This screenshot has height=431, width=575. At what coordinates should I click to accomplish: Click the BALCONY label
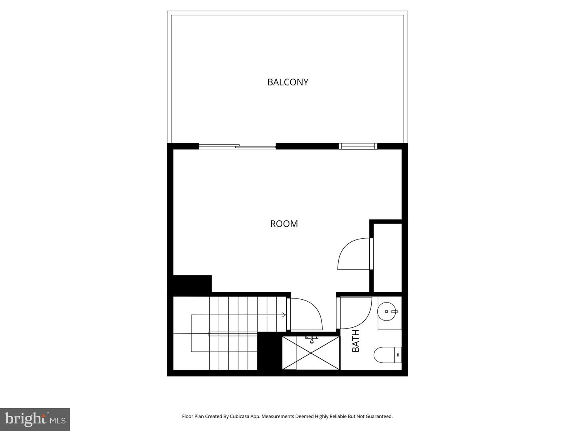[287, 82]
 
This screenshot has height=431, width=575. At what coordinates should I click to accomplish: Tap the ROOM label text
[284, 224]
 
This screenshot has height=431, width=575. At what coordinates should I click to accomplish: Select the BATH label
[355, 340]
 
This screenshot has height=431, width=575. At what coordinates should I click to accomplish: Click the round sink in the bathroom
[387, 311]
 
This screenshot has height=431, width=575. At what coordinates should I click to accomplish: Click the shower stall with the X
[310, 353]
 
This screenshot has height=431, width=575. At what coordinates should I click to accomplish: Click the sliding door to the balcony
[237, 146]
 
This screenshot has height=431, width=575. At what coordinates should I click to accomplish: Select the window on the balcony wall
[358, 146]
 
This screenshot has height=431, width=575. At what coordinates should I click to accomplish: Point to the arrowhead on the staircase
[284, 315]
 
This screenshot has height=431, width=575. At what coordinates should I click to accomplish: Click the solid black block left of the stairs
[192, 284]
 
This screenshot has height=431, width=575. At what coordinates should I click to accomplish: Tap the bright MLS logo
[35, 419]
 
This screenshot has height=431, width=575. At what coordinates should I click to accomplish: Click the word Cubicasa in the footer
[239, 416]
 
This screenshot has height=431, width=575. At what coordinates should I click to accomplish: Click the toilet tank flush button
[398, 354]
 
